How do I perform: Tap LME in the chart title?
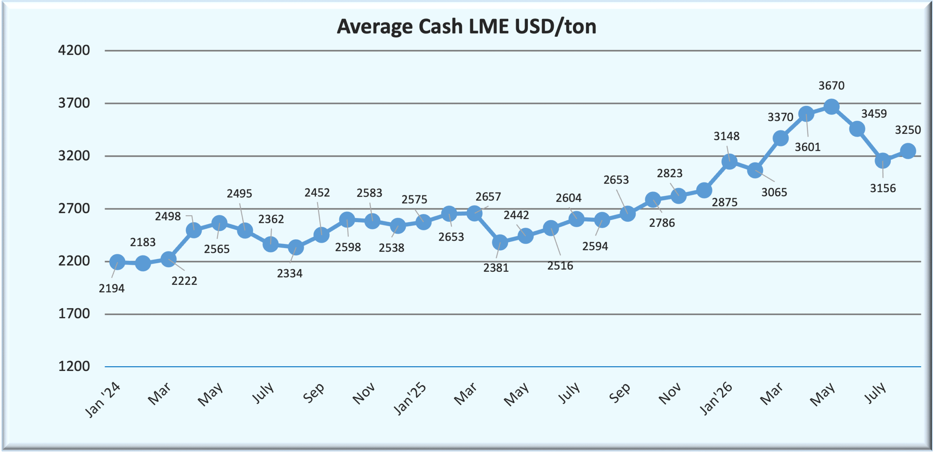point(489,26)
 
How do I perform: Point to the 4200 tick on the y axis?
point(74,50)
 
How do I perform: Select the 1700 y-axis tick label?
point(74,314)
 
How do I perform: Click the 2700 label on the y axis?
point(74,209)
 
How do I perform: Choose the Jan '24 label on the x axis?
point(103,399)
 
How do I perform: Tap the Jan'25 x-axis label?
point(410,399)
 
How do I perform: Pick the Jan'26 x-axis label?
point(716,399)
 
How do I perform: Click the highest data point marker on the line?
point(831,107)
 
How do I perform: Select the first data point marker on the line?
point(117,262)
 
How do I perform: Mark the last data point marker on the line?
point(908,151)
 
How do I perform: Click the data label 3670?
point(831,86)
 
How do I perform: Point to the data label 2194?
point(112,289)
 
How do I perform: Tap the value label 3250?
point(908,130)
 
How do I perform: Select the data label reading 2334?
point(290,274)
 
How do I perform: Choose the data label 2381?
point(496,268)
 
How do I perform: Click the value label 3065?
point(774,192)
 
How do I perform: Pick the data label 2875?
point(725,202)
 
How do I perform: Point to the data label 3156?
point(883,188)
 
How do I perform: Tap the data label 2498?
point(168,216)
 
